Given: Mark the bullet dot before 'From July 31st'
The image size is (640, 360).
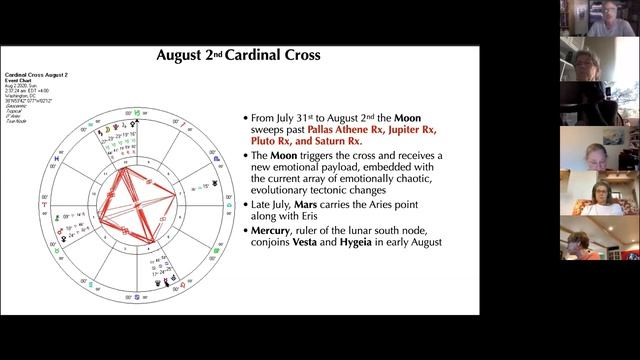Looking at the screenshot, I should click(x=245, y=118).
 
